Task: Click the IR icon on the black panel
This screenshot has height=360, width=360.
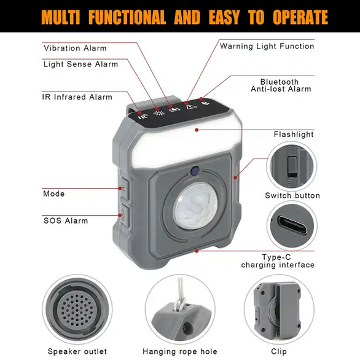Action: tap(143, 116)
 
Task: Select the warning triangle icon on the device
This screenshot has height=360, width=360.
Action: tap(190, 107)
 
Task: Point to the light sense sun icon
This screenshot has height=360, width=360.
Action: tap(159, 113)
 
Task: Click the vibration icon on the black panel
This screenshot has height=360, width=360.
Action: tap(174, 110)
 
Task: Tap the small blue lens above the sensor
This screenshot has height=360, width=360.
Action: tap(195, 171)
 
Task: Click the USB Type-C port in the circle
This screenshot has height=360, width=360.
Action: tap(292, 225)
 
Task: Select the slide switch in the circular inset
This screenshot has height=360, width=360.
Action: tap(292, 167)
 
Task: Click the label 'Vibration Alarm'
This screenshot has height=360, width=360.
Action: tap(75, 48)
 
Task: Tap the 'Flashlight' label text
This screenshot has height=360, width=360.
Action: tap(294, 135)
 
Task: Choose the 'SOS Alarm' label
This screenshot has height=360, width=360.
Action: tap(66, 221)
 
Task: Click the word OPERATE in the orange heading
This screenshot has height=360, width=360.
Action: tap(300, 17)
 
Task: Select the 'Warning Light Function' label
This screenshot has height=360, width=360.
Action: tap(267, 46)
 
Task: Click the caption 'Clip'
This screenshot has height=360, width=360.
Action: tap(279, 351)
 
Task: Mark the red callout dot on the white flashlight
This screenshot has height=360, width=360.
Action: tap(197, 130)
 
